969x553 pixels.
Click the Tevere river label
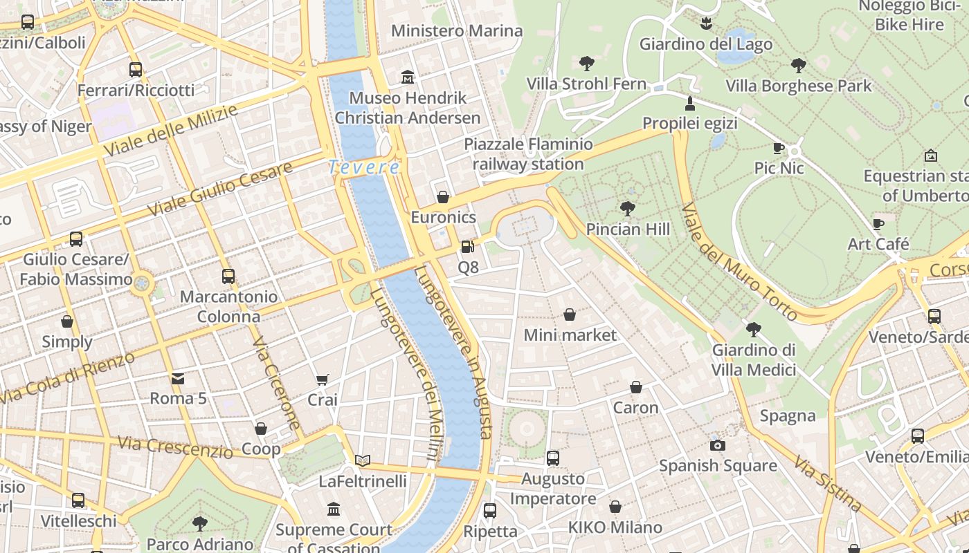(363, 167)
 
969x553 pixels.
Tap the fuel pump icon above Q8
(468, 246)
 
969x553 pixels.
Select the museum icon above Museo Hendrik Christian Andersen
(407, 77)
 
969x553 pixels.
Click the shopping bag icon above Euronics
(443, 197)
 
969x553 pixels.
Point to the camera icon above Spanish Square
(718, 445)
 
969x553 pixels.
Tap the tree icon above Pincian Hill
(628, 208)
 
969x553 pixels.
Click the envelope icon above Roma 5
(178, 378)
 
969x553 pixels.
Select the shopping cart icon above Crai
(322, 379)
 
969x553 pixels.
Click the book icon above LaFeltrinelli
(363, 460)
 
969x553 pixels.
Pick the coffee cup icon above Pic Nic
(779, 148)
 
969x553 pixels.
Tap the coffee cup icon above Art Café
(878, 224)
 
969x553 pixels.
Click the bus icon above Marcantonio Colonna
(228, 276)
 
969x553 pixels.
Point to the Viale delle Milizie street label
(170, 131)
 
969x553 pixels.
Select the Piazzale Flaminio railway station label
(528, 154)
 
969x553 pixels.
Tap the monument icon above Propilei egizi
(689, 104)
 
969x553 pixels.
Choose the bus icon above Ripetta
(490, 511)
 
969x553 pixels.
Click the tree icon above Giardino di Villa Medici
(754, 330)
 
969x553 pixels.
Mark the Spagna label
(788, 416)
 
